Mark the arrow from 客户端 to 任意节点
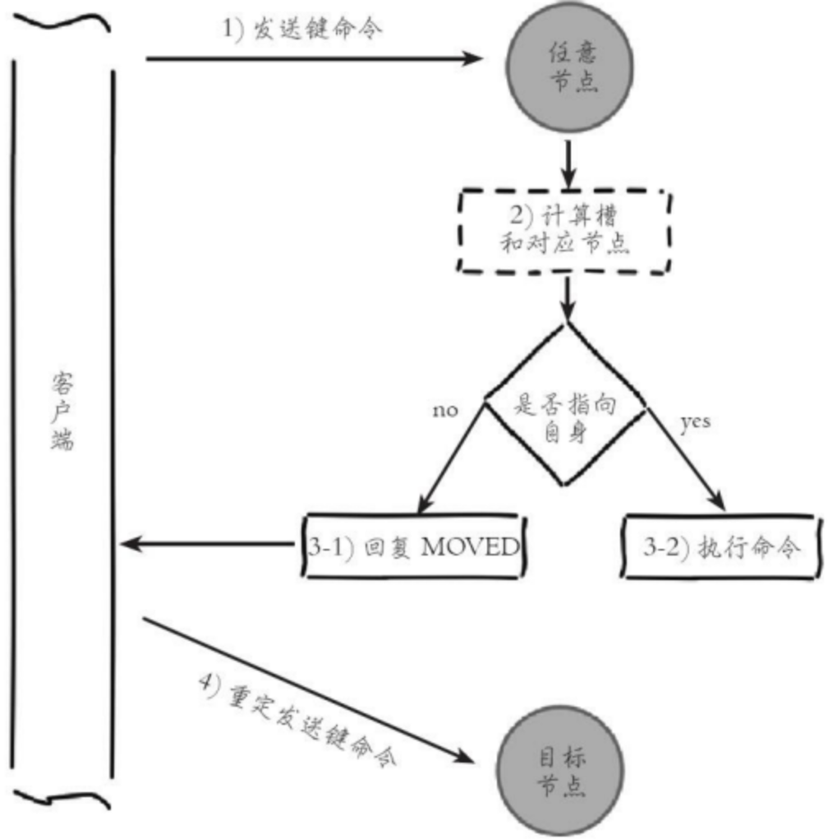(x=312, y=58)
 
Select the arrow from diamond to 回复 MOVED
(x=453, y=460)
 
